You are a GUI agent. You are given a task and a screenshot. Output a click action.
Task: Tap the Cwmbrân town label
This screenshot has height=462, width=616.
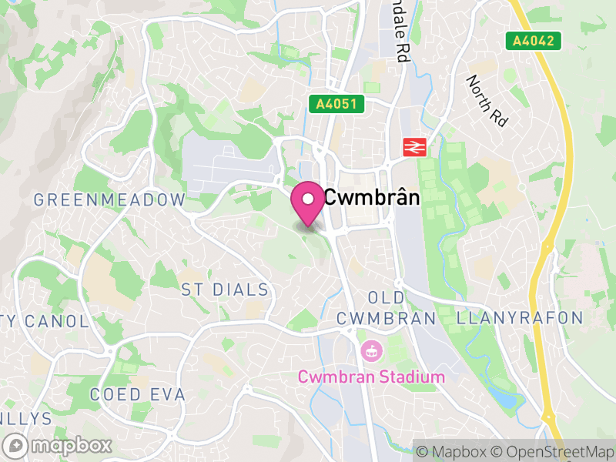click(x=372, y=198)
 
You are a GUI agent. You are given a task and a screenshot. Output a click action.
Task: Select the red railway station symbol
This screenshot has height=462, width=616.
click(x=414, y=146)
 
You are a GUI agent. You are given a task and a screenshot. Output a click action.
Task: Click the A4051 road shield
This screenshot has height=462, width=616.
click(x=336, y=103)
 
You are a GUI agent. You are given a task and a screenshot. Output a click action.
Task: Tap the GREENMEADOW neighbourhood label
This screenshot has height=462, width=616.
click(x=109, y=200)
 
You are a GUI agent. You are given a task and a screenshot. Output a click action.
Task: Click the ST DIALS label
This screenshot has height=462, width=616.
click(x=225, y=290)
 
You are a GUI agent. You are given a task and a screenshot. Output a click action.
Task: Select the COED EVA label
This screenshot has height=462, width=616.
click(x=138, y=394)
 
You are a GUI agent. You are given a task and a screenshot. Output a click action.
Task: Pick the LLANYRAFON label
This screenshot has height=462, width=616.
click(x=520, y=318)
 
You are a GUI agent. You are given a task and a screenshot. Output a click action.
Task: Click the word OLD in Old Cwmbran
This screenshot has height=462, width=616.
click(x=386, y=298)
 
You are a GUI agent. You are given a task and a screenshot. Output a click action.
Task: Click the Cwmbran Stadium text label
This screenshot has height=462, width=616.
click(x=371, y=377)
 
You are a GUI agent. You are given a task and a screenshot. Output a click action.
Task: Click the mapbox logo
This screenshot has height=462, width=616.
click(x=59, y=445)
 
